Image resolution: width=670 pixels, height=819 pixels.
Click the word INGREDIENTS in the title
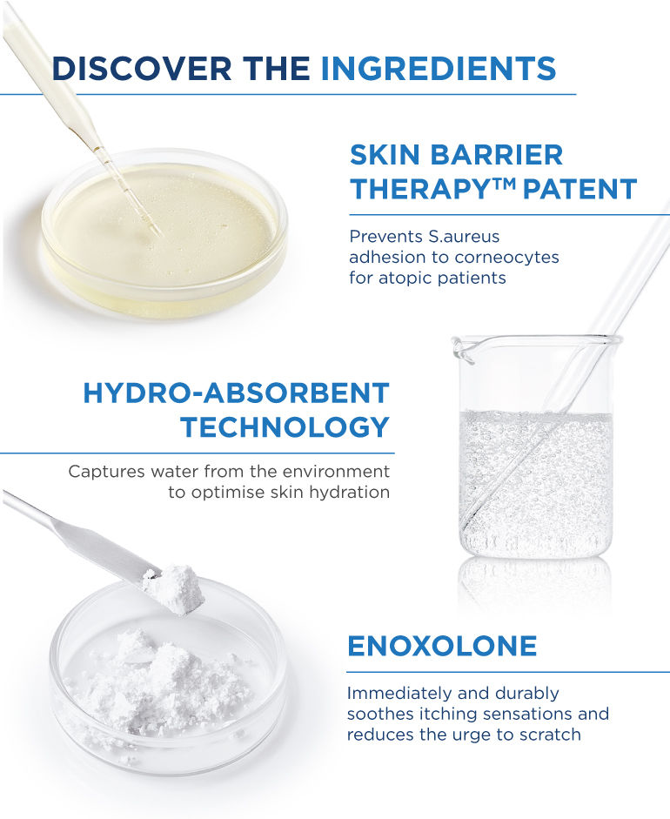click(439, 69)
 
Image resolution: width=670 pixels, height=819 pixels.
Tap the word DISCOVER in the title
click(142, 69)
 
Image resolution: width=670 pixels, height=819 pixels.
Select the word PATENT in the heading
click(580, 189)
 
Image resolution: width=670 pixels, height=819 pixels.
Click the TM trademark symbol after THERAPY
click(503, 184)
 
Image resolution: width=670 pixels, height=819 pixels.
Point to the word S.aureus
click(464, 237)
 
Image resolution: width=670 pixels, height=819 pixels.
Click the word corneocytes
click(506, 258)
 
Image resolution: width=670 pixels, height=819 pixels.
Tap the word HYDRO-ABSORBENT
click(236, 393)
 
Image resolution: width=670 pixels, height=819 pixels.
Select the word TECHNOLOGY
click(285, 426)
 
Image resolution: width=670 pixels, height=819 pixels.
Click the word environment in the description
click(337, 472)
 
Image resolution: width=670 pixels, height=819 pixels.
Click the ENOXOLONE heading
click(442, 646)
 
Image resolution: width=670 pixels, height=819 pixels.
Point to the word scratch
click(551, 735)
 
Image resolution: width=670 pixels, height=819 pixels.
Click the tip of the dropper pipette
click(157, 232)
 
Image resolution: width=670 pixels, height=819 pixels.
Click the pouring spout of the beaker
click(464, 349)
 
